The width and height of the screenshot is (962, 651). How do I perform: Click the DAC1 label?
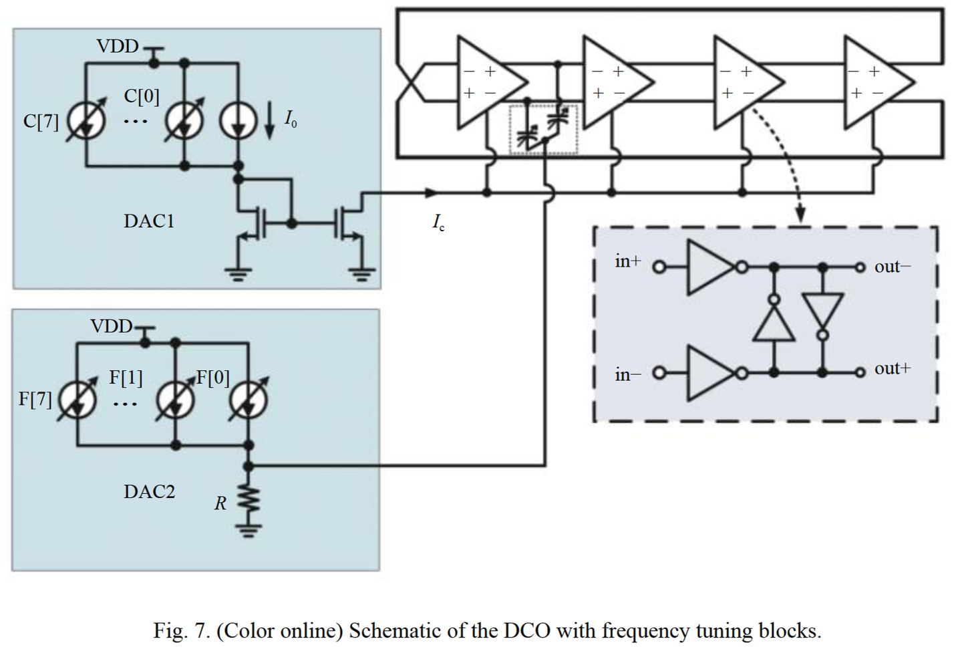click(x=148, y=221)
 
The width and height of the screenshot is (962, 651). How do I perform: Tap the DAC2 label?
click(x=149, y=492)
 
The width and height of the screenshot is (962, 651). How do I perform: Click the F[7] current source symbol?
click(x=77, y=400)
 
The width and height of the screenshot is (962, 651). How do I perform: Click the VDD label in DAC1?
click(x=118, y=46)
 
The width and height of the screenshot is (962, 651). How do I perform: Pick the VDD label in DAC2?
click(x=112, y=326)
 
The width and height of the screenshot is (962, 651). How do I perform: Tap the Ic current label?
click(x=438, y=223)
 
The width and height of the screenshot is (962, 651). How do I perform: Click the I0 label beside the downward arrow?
click(x=290, y=120)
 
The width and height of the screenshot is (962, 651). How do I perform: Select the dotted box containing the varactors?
click(x=542, y=130)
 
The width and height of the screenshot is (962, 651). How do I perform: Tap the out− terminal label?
click(x=892, y=267)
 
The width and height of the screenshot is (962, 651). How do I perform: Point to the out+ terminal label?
click(x=892, y=368)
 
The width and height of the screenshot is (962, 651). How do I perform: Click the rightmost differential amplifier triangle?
click(x=875, y=82)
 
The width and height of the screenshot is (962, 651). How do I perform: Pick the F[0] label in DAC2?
click(x=212, y=378)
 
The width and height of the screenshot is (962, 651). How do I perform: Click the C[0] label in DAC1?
click(x=142, y=96)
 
